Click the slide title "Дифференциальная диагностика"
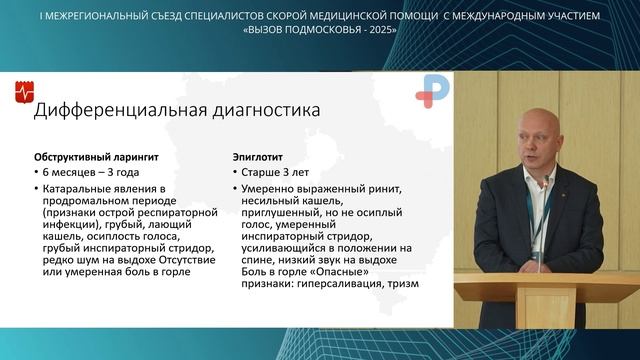tap(177, 111)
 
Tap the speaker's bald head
tap(538, 130)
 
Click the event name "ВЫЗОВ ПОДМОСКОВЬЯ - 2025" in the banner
tap(320, 30)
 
